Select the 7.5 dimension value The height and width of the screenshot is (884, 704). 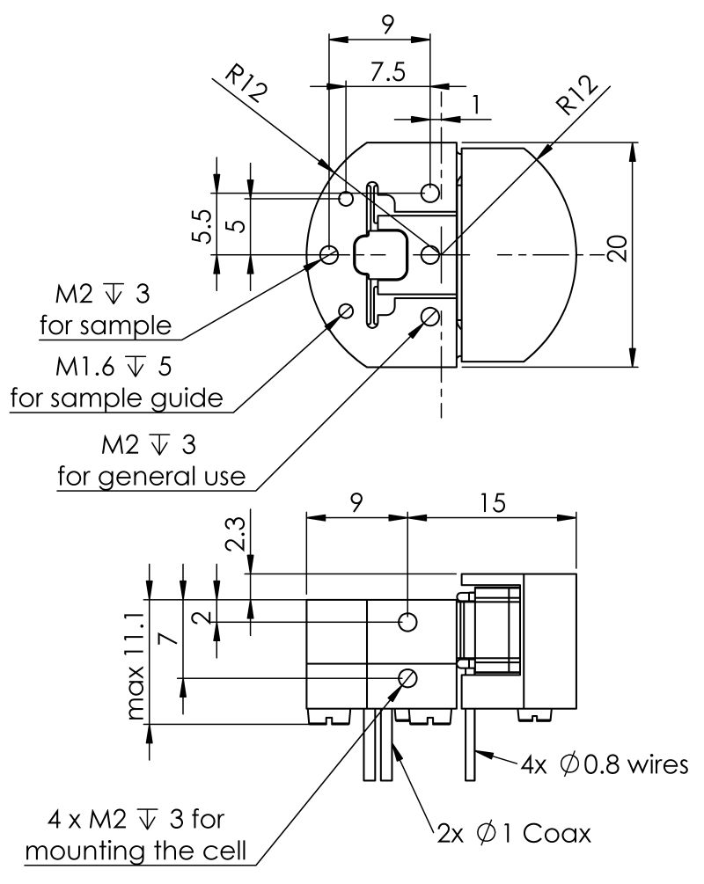[387, 74]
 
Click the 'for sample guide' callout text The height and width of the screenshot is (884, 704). [116, 398]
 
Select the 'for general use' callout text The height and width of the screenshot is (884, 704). [151, 476]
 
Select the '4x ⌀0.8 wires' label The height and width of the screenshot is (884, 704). [604, 764]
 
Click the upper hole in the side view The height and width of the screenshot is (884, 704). [407, 622]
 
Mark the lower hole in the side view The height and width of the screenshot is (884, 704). [408, 677]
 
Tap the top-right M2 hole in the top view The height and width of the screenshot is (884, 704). [430, 192]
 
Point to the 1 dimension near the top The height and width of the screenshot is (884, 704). [476, 105]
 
